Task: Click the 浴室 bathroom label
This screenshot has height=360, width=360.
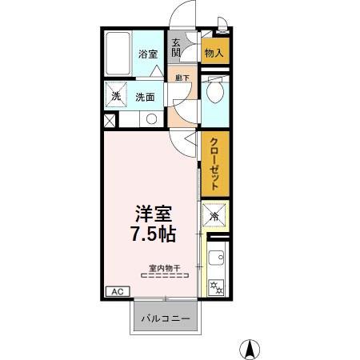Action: click(x=147, y=54)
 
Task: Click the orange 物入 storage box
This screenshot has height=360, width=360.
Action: click(x=212, y=54)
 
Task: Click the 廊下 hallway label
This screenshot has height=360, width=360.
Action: click(x=182, y=78)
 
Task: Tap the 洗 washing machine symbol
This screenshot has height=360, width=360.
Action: click(x=115, y=98)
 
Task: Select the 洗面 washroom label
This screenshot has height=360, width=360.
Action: click(x=145, y=98)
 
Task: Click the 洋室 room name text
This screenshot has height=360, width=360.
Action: click(x=154, y=214)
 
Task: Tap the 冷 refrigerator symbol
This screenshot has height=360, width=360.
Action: click(x=214, y=215)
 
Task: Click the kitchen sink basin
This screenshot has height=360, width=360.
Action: click(x=215, y=258)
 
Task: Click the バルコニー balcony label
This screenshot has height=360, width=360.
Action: click(x=166, y=318)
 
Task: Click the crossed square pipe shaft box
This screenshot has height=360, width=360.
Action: click(x=110, y=122)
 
